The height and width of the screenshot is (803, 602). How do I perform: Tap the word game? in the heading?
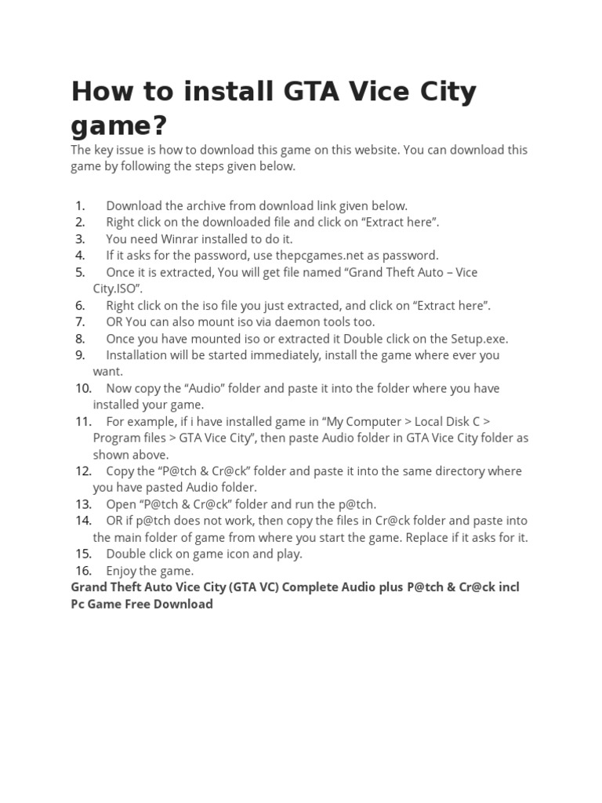119,125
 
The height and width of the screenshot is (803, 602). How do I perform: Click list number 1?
80,205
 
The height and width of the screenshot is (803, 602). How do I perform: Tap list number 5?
80,272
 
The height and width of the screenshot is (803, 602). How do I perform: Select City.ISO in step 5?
117,288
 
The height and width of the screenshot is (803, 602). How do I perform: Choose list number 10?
83,388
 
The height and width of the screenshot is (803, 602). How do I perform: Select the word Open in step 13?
121,504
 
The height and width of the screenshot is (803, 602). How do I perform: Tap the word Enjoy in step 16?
123,570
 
